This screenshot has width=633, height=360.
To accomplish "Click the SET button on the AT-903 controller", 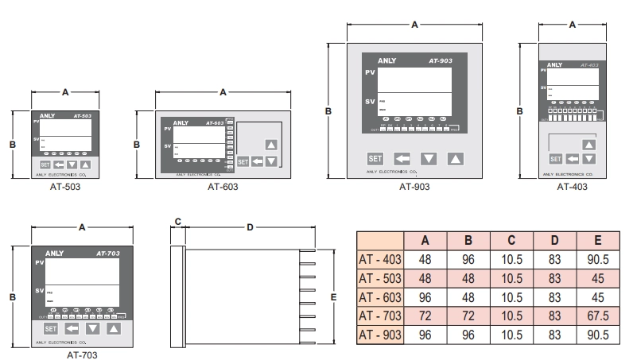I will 375,158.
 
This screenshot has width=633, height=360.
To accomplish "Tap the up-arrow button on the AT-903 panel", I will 454,158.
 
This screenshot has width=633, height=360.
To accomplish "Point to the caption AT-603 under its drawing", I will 223,188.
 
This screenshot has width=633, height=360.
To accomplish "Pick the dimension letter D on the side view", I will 250,227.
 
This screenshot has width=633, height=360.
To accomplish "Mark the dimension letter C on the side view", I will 178,222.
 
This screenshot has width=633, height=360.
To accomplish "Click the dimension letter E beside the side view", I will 334,297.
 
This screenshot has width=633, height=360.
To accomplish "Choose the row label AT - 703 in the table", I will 380,315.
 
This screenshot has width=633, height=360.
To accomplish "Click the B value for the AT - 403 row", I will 468,259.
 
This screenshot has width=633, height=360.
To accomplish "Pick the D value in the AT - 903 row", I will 555,335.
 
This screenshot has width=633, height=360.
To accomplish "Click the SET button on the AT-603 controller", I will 244,161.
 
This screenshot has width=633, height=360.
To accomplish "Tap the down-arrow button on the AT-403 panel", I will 588,159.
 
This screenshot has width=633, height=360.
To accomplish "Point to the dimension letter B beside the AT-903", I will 328,111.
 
